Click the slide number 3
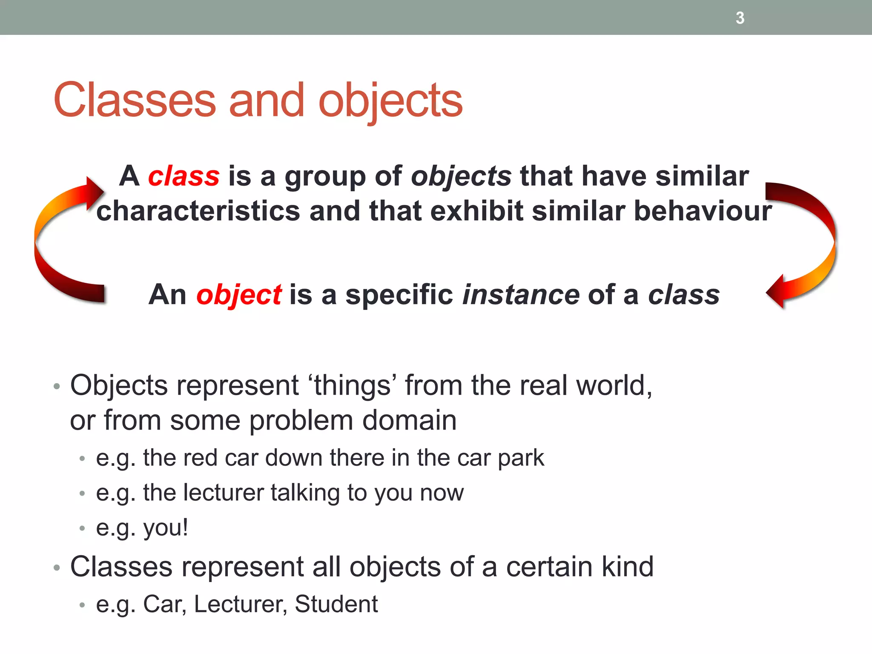[x=740, y=18]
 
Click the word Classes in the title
[x=135, y=100]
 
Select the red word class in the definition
[x=184, y=176]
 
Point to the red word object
[x=238, y=295]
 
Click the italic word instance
[x=521, y=295]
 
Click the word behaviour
[x=703, y=211]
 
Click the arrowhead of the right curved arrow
[x=776, y=292]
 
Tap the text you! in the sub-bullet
[x=165, y=528]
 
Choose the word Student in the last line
[x=336, y=604]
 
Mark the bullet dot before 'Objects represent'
[x=57, y=387]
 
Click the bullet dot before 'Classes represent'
[x=57, y=568]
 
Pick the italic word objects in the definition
[x=461, y=176]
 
